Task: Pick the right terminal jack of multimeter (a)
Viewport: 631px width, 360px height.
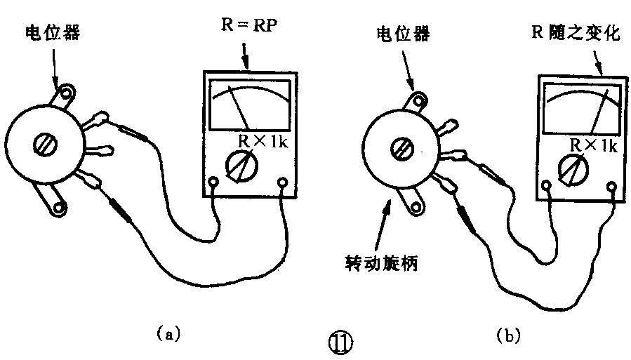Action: pyautogui.click(x=283, y=184)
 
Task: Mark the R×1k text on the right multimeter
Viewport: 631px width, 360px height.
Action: pyautogui.click(x=591, y=145)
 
